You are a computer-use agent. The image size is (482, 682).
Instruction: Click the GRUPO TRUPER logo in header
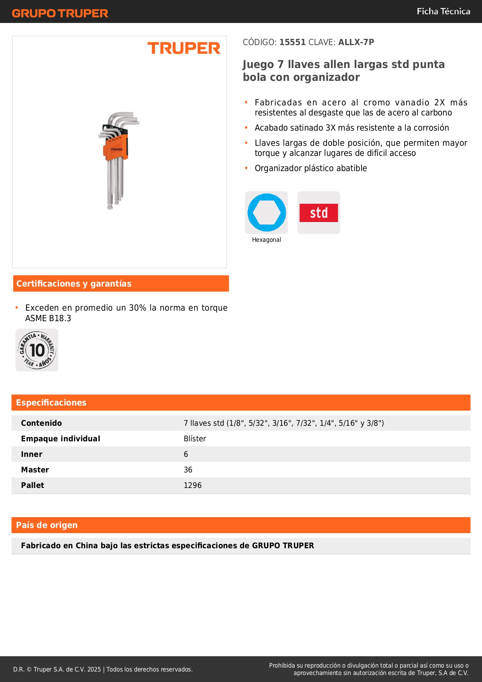[x=60, y=13]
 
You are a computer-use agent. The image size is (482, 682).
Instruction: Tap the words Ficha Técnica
[x=443, y=12]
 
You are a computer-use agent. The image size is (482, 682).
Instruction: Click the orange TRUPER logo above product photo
[x=184, y=48]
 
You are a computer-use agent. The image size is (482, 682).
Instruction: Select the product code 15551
[x=292, y=42]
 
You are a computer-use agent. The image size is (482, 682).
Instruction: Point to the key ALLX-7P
[x=356, y=42]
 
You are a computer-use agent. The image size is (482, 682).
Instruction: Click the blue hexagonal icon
[x=266, y=213]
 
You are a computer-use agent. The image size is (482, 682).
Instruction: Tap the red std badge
[x=318, y=213]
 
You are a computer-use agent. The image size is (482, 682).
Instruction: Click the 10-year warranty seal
[x=37, y=350]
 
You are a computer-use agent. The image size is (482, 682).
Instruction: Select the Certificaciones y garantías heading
[x=74, y=284]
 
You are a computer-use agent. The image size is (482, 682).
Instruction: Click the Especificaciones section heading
[x=51, y=403]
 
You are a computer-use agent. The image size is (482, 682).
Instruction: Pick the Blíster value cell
[x=195, y=439]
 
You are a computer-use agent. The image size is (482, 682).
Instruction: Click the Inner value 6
[x=186, y=454]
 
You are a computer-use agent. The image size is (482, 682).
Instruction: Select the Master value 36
[x=188, y=470]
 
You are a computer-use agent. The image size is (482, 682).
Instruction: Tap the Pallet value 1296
[x=193, y=485]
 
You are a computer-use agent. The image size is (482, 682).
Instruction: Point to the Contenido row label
[x=42, y=423]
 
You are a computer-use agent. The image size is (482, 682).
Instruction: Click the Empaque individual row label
[x=61, y=439]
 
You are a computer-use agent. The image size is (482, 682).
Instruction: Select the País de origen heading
[x=47, y=525]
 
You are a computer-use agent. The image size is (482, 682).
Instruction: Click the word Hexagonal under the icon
[x=266, y=240]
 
